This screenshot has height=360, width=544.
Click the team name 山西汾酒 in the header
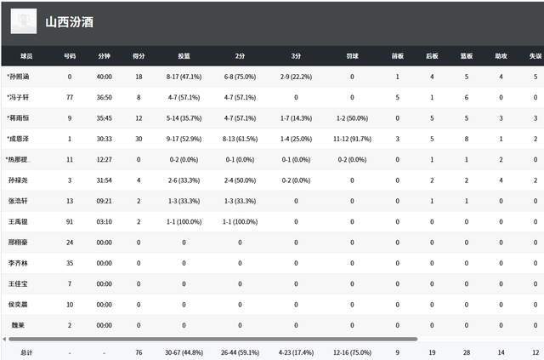pos(70,21)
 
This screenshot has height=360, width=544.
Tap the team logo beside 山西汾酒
pos(24,21)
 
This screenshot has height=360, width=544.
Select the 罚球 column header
pos(352,56)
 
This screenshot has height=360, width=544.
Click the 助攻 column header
pos(501,56)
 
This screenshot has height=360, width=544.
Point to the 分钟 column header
pos(105,56)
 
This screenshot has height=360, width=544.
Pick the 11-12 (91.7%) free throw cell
pos(352,139)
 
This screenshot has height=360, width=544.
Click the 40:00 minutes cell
pos(105,77)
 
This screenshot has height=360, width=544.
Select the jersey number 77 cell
pos(70,97)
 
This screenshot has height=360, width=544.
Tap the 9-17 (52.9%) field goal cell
pos(184,139)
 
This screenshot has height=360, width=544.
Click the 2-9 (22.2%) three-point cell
pos(296,77)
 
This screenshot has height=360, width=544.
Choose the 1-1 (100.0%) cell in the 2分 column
pos(239,221)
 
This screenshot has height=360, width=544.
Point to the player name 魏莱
pos(17,324)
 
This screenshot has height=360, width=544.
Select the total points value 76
pos(138,351)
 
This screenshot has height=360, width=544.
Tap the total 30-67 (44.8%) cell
pos(184,351)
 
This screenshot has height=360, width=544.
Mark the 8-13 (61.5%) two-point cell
pos(239,139)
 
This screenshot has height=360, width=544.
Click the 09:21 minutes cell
pos(105,201)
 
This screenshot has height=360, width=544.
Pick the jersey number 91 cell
pos(70,221)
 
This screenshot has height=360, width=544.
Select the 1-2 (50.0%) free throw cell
pos(352,118)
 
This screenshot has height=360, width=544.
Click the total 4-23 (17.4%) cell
pos(296,351)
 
